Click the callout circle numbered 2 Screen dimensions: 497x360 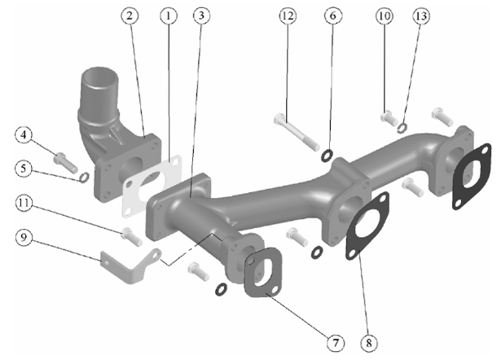click(x=130, y=15)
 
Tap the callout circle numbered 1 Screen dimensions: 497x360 click(x=169, y=15)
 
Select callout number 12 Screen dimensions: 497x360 click(x=288, y=15)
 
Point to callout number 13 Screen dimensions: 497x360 click(x=421, y=15)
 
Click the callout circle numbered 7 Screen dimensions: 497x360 click(x=336, y=343)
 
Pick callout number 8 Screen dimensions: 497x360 click(x=369, y=343)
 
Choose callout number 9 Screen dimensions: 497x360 click(x=24, y=237)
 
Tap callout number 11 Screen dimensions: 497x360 click(x=24, y=203)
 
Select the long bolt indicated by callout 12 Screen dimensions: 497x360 click(x=297, y=131)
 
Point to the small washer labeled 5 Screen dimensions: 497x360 click(x=84, y=178)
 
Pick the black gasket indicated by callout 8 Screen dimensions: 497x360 click(x=367, y=226)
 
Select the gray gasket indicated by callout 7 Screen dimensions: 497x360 click(x=263, y=273)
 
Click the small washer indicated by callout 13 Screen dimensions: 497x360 click(x=402, y=127)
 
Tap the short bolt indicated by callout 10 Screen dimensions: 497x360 click(x=389, y=118)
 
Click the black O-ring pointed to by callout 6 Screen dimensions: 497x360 click(x=327, y=156)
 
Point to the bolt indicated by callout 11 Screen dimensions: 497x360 click(x=132, y=236)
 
